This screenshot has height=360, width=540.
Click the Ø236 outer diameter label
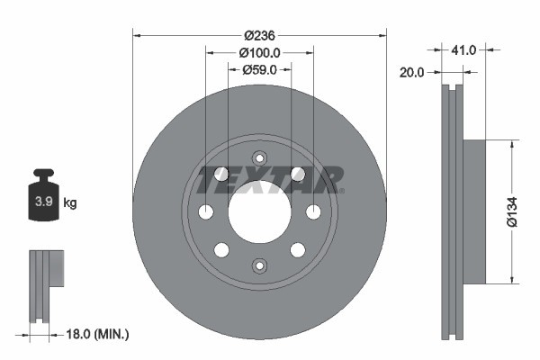(259, 35)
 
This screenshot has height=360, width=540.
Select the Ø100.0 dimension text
(259, 52)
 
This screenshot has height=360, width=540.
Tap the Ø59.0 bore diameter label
(259, 69)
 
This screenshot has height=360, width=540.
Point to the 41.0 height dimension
(465, 50)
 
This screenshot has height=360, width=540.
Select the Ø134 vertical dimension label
(512, 211)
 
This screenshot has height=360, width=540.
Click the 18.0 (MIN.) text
(96, 334)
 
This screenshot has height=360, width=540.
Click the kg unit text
(69, 203)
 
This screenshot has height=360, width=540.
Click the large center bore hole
(259, 211)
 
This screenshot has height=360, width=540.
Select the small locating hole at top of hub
(259, 157)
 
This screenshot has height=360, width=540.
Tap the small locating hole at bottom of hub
(259, 265)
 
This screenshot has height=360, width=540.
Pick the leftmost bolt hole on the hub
(205, 211)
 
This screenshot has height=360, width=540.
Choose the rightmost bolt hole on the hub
(313, 211)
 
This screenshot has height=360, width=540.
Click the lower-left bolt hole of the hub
(221, 249)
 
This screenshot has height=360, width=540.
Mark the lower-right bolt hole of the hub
(297, 249)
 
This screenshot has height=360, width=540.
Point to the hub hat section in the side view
(474, 211)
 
